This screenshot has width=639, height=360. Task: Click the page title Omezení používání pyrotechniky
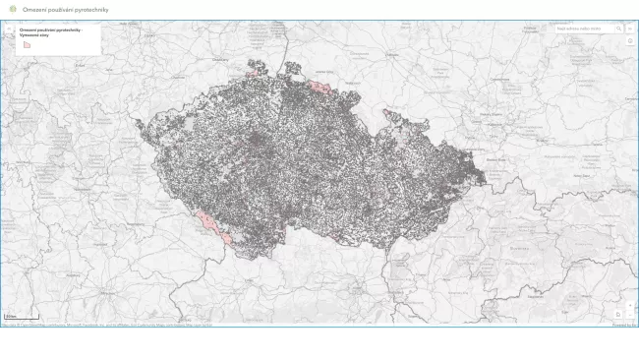pyautogui.click(x=66, y=9)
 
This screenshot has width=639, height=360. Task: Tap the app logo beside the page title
pyautogui.click(x=13, y=9)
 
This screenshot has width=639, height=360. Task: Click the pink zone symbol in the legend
pyautogui.click(x=27, y=44)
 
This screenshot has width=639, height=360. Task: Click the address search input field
pyautogui.click(x=585, y=29)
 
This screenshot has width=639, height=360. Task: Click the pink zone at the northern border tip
pyautogui.click(x=258, y=68)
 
